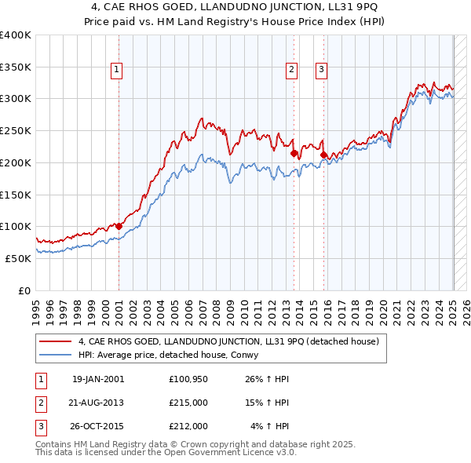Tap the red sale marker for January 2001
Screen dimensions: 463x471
(119, 226)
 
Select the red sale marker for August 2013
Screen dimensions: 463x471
(294, 154)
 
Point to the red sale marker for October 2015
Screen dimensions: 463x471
(323, 155)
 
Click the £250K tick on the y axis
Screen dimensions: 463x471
(15, 130)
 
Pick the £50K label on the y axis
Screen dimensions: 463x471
(18, 257)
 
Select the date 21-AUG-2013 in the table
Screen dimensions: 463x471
(97, 403)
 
